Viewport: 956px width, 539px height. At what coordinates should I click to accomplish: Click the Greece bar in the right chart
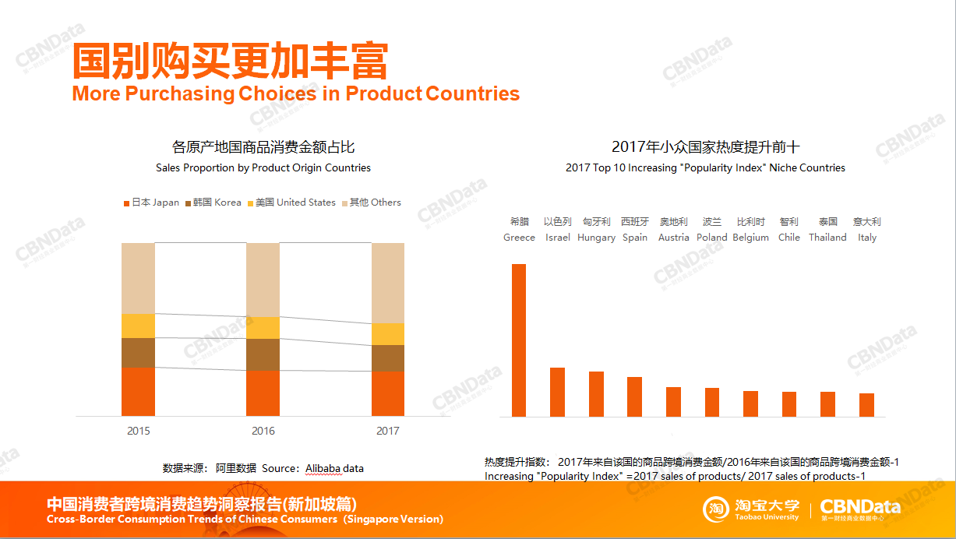pos(518,340)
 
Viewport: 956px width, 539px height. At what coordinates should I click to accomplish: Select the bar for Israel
pos(557,392)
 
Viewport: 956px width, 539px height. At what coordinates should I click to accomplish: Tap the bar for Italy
pos(866,405)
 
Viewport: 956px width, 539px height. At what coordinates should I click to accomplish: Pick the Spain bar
pos(634,396)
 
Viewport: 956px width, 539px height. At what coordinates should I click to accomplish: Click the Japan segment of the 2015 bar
pos(138,391)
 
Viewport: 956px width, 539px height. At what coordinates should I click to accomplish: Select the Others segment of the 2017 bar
pos(387,283)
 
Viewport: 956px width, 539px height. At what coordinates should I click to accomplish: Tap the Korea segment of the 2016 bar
pos(263,354)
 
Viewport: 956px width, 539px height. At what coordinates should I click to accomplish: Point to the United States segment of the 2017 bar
pos(387,334)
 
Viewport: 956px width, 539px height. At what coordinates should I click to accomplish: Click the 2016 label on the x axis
pos(263,431)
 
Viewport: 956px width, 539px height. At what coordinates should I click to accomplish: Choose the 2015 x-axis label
pos(139,431)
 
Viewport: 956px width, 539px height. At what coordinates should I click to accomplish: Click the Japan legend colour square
pos(126,203)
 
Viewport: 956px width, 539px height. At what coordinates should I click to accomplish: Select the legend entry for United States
pos(292,203)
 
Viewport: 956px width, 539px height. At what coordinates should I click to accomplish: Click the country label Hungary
pos(596,238)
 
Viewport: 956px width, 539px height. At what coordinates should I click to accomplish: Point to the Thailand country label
pos(827,238)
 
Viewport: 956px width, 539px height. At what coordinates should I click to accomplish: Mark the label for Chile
pos(788,238)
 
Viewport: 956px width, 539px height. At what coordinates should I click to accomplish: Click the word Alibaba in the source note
pos(324,468)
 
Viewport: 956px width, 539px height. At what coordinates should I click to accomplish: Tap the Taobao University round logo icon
pos(715,509)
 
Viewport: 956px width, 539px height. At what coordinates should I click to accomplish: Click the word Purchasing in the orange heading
pos(180,94)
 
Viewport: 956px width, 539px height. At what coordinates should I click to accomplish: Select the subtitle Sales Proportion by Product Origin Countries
pos(263,167)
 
